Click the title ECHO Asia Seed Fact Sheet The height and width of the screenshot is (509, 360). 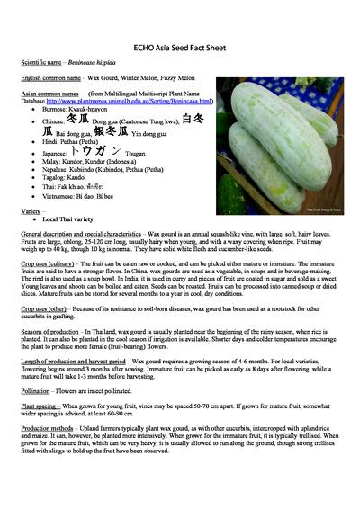(x=180, y=44)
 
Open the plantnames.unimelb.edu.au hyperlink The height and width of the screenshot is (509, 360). (x=145, y=102)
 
